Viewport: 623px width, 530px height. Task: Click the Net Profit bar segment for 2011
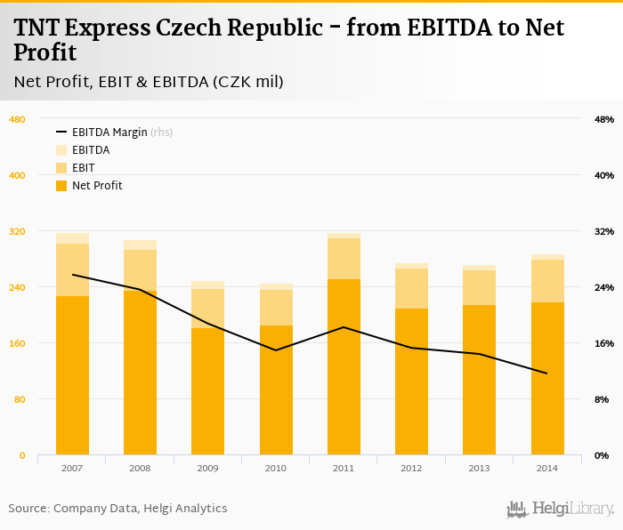[344, 366]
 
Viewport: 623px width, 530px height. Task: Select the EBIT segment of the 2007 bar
[72, 269]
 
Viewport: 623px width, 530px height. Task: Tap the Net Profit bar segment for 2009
[207, 391]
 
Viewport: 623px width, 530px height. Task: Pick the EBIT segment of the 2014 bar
[547, 281]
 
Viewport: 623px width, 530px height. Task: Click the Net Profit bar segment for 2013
[480, 380]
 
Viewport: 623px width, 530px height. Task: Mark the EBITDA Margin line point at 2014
[547, 373]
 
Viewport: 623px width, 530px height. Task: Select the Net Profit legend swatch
[61, 186]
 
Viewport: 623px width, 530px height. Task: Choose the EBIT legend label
[84, 168]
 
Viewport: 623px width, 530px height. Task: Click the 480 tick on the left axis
[17, 119]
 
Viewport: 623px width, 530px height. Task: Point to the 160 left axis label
[17, 343]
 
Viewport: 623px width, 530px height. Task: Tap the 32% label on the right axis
[604, 231]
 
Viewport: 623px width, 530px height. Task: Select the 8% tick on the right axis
[604, 399]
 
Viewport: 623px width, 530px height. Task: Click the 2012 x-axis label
[411, 468]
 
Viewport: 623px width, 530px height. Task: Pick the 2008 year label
[140, 468]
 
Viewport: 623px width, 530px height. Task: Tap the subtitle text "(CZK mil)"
[247, 82]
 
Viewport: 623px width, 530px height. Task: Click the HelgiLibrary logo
[560, 509]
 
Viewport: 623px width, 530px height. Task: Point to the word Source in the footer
[28, 509]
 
